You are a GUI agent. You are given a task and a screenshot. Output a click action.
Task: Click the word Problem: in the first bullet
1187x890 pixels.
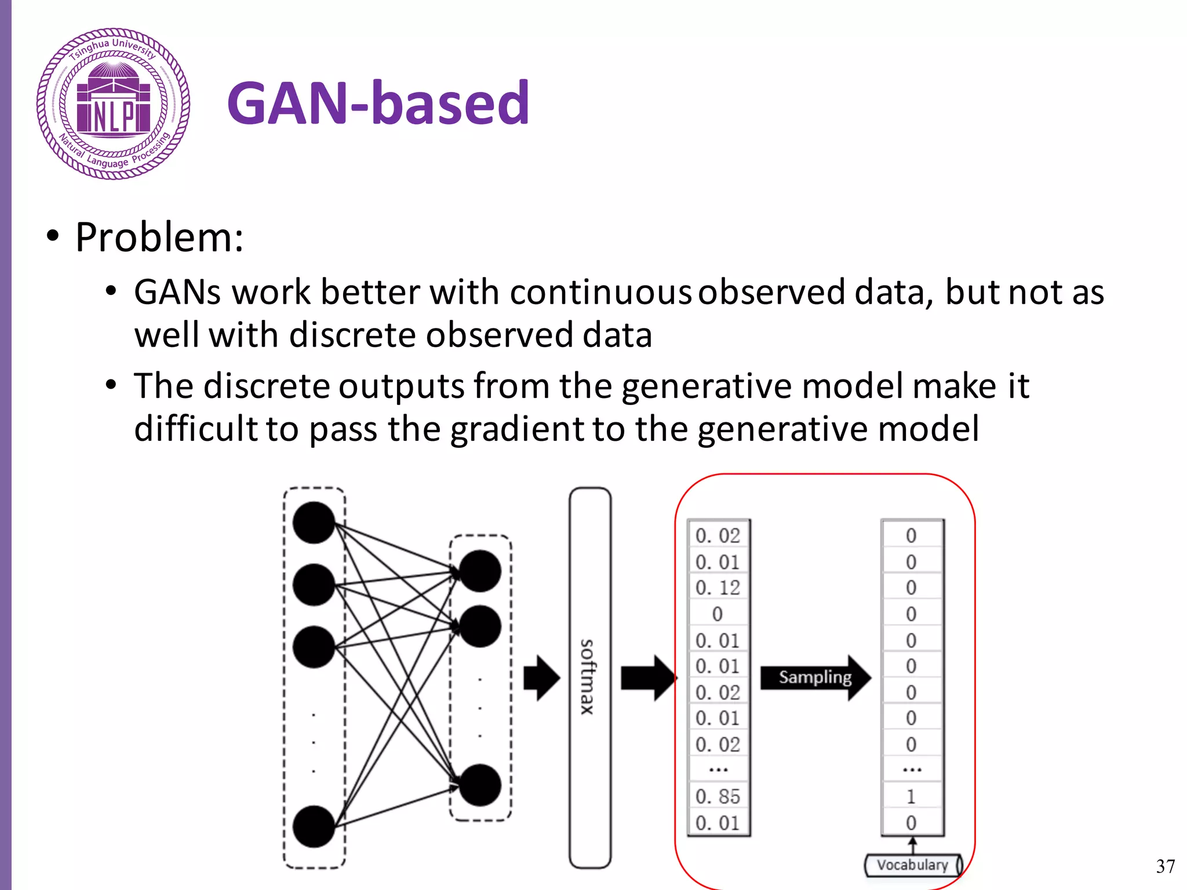(x=159, y=238)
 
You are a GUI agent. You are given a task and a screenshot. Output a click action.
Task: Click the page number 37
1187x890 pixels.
(x=1165, y=866)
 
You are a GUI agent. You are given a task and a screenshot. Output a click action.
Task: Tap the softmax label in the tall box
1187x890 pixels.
(x=588, y=677)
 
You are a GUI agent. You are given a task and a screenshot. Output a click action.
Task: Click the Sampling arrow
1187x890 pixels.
(x=815, y=677)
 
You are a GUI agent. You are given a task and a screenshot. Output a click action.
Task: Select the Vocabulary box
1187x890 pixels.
(x=912, y=865)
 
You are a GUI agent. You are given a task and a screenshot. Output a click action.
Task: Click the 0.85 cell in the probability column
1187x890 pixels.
(x=718, y=797)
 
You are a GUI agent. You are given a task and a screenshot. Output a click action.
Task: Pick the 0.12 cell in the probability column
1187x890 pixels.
(x=718, y=588)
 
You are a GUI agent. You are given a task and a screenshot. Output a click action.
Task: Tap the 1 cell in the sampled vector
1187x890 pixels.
(x=911, y=797)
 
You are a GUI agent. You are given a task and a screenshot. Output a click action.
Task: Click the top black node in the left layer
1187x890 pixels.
(x=314, y=523)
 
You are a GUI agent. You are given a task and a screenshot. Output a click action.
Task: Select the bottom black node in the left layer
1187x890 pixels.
(x=314, y=826)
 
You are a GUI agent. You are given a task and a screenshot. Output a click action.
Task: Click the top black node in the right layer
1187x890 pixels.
(x=480, y=571)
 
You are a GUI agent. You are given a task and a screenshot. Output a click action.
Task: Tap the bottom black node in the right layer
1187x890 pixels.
(x=480, y=785)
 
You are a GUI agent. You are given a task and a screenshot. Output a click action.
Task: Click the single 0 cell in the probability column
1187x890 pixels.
(x=718, y=614)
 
